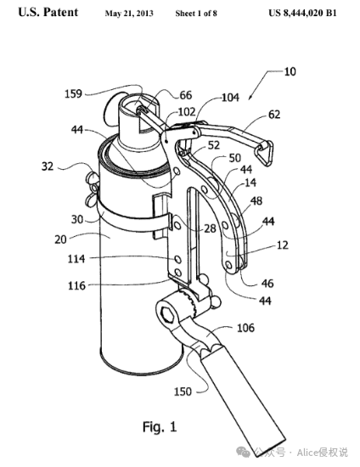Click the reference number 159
73,93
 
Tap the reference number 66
186,95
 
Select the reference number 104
230,98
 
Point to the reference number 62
274,115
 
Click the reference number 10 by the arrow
290,72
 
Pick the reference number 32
48,166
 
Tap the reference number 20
60,239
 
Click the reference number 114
76,258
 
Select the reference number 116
76,285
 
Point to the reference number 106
245,328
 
